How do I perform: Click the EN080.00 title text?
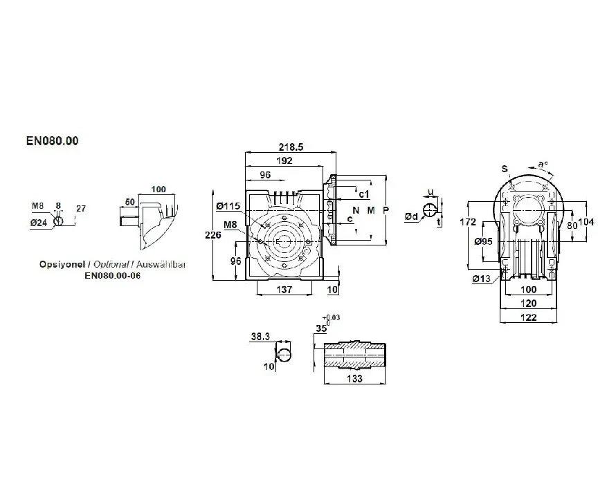click(53, 141)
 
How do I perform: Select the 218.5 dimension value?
click(291, 147)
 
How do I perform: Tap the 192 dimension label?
click(284, 161)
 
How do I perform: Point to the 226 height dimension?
click(213, 234)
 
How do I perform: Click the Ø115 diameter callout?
click(228, 206)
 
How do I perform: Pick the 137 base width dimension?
click(284, 290)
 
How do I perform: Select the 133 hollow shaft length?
click(354, 378)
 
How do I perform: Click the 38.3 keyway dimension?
click(260, 337)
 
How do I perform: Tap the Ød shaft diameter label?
click(412, 217)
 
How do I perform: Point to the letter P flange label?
click(386, 210)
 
